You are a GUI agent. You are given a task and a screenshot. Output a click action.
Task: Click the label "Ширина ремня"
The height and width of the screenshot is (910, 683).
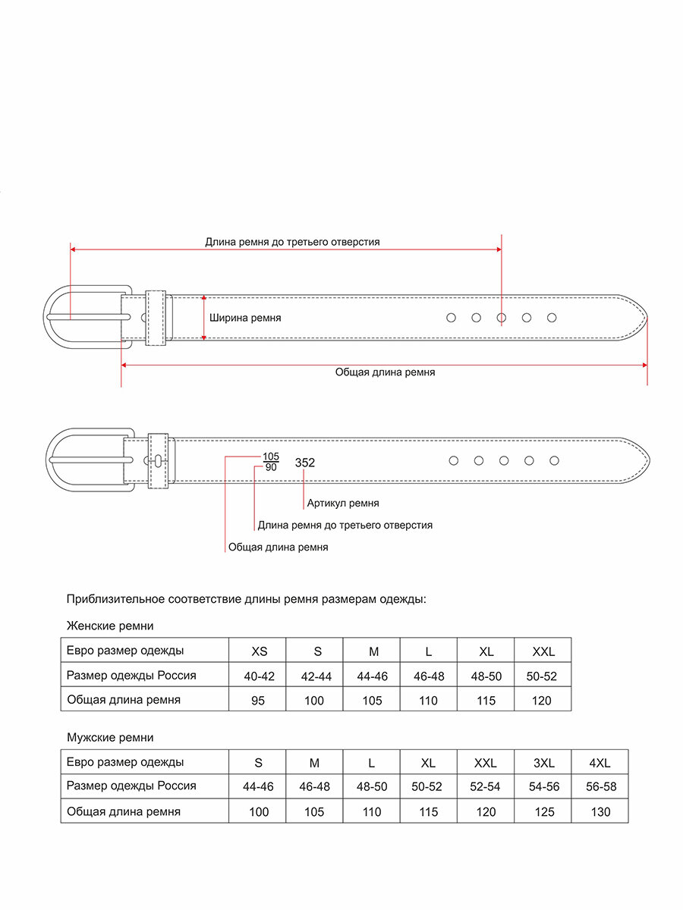[x=245, y=318]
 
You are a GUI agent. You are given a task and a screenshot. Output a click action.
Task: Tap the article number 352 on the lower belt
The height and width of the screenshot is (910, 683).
[x=305, y=463]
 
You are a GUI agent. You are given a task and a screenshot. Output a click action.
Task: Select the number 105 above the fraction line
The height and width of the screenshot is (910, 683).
[x=271, y=457]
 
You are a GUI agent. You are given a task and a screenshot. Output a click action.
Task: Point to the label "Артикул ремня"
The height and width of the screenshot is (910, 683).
[x=343, y=503]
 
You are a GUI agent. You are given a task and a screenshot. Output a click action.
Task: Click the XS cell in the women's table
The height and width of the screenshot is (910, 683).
[x=259, y=651]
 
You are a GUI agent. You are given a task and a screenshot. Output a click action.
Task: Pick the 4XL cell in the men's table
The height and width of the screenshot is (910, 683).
[x=600, y=763]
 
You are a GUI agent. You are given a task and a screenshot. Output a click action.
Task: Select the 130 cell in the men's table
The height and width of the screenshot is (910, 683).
[x=600, y=811]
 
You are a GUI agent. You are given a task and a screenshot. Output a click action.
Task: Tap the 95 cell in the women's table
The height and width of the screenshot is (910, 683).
[x=259, y=700]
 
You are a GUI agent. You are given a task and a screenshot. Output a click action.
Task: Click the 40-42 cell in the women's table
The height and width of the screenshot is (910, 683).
[x=259, y=676]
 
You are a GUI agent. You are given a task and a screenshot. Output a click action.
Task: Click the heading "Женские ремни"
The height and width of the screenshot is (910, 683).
[x=110, y=626]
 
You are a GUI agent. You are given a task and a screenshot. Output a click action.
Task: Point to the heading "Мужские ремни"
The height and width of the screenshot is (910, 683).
[x=110, y=737]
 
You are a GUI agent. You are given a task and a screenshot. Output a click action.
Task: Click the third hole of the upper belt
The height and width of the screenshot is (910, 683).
[x=502, y=318]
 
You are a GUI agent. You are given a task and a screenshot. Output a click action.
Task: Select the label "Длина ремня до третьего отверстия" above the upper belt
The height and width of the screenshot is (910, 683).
[x=292, y=242]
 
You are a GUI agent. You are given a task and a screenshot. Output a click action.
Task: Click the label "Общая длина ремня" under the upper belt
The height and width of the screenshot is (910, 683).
[x=385, y=372]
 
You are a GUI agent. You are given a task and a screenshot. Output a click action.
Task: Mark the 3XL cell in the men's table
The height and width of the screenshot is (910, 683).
[x=543, y=763]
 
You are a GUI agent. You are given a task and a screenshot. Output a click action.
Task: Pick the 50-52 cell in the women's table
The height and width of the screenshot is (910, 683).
[x=542, y=676]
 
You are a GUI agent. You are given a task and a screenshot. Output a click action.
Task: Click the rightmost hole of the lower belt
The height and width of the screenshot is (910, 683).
[x=554, y=460]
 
